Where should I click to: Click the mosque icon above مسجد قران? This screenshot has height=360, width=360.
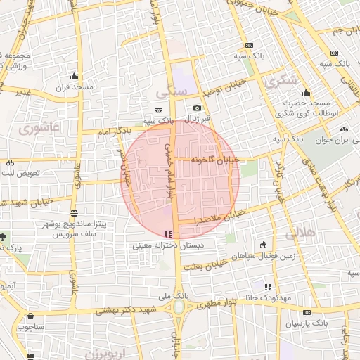[74, 77]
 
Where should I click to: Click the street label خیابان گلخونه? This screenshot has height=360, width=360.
[215, 160]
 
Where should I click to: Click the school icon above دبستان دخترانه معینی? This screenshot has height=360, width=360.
[167, 234]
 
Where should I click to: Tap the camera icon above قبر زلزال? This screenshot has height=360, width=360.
[198, 108]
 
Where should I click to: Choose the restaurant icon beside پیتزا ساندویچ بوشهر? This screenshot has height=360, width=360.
[75, 212]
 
